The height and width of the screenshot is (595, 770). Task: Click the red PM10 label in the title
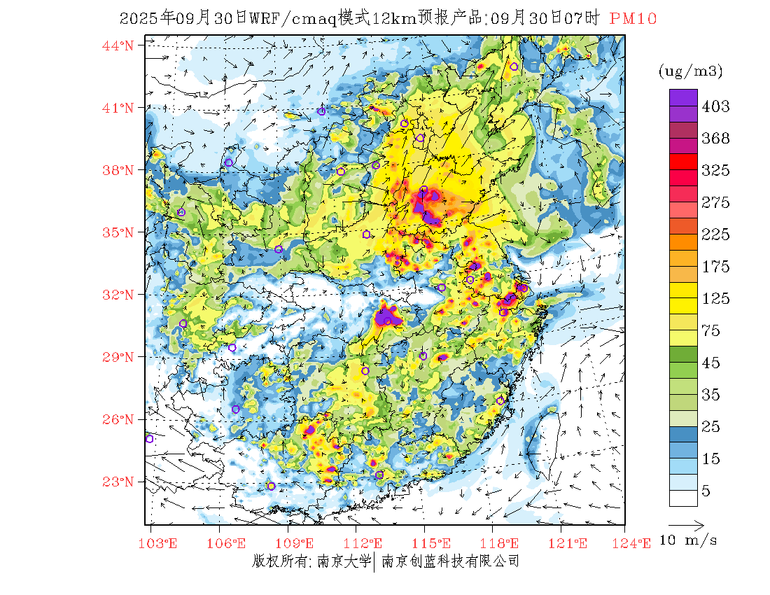click(x=633, y=19)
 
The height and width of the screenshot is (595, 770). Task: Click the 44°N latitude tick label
click(x=118, y=45)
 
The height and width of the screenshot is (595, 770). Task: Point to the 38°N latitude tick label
click(x=118, y=170)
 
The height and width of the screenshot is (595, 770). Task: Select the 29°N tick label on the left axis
click(x=118, y=357)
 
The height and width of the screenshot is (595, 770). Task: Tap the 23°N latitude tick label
click(x=118, y=482)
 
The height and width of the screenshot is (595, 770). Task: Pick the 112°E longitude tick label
click(x=367, y=543)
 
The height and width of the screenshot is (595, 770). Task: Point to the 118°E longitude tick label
click(x=503, y=543)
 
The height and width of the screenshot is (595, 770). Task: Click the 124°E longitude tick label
click(x=635, y=543)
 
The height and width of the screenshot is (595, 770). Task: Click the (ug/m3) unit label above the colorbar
click(x=690, y=71)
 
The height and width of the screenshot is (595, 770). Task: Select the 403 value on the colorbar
click(x=715, y=106)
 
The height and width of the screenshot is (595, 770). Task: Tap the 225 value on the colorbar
click(x=715, y=234)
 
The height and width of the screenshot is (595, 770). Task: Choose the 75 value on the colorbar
click(x=711, y=331)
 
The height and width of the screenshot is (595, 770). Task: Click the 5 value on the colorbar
click(x=706, y=491)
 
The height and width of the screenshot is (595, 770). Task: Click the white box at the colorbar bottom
click(x=683, y=498)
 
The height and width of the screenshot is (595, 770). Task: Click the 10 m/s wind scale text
click(x=689, y=540)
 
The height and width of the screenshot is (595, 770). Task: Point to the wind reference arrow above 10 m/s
click(x=685, y=524)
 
